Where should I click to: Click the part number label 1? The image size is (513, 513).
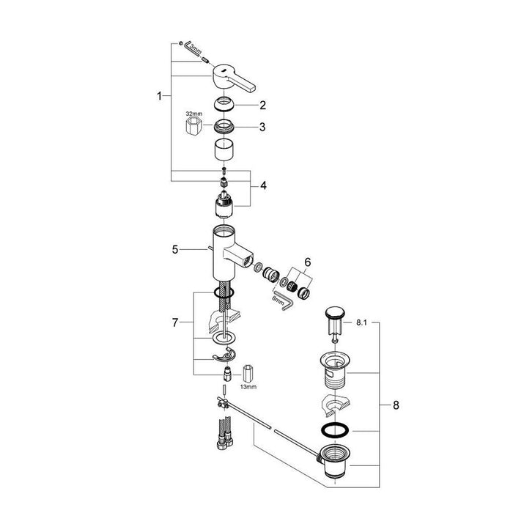159,95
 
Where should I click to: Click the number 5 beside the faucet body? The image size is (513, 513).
174,248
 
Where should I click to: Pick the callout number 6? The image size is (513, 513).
307,262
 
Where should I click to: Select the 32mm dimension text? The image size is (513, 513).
193,114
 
